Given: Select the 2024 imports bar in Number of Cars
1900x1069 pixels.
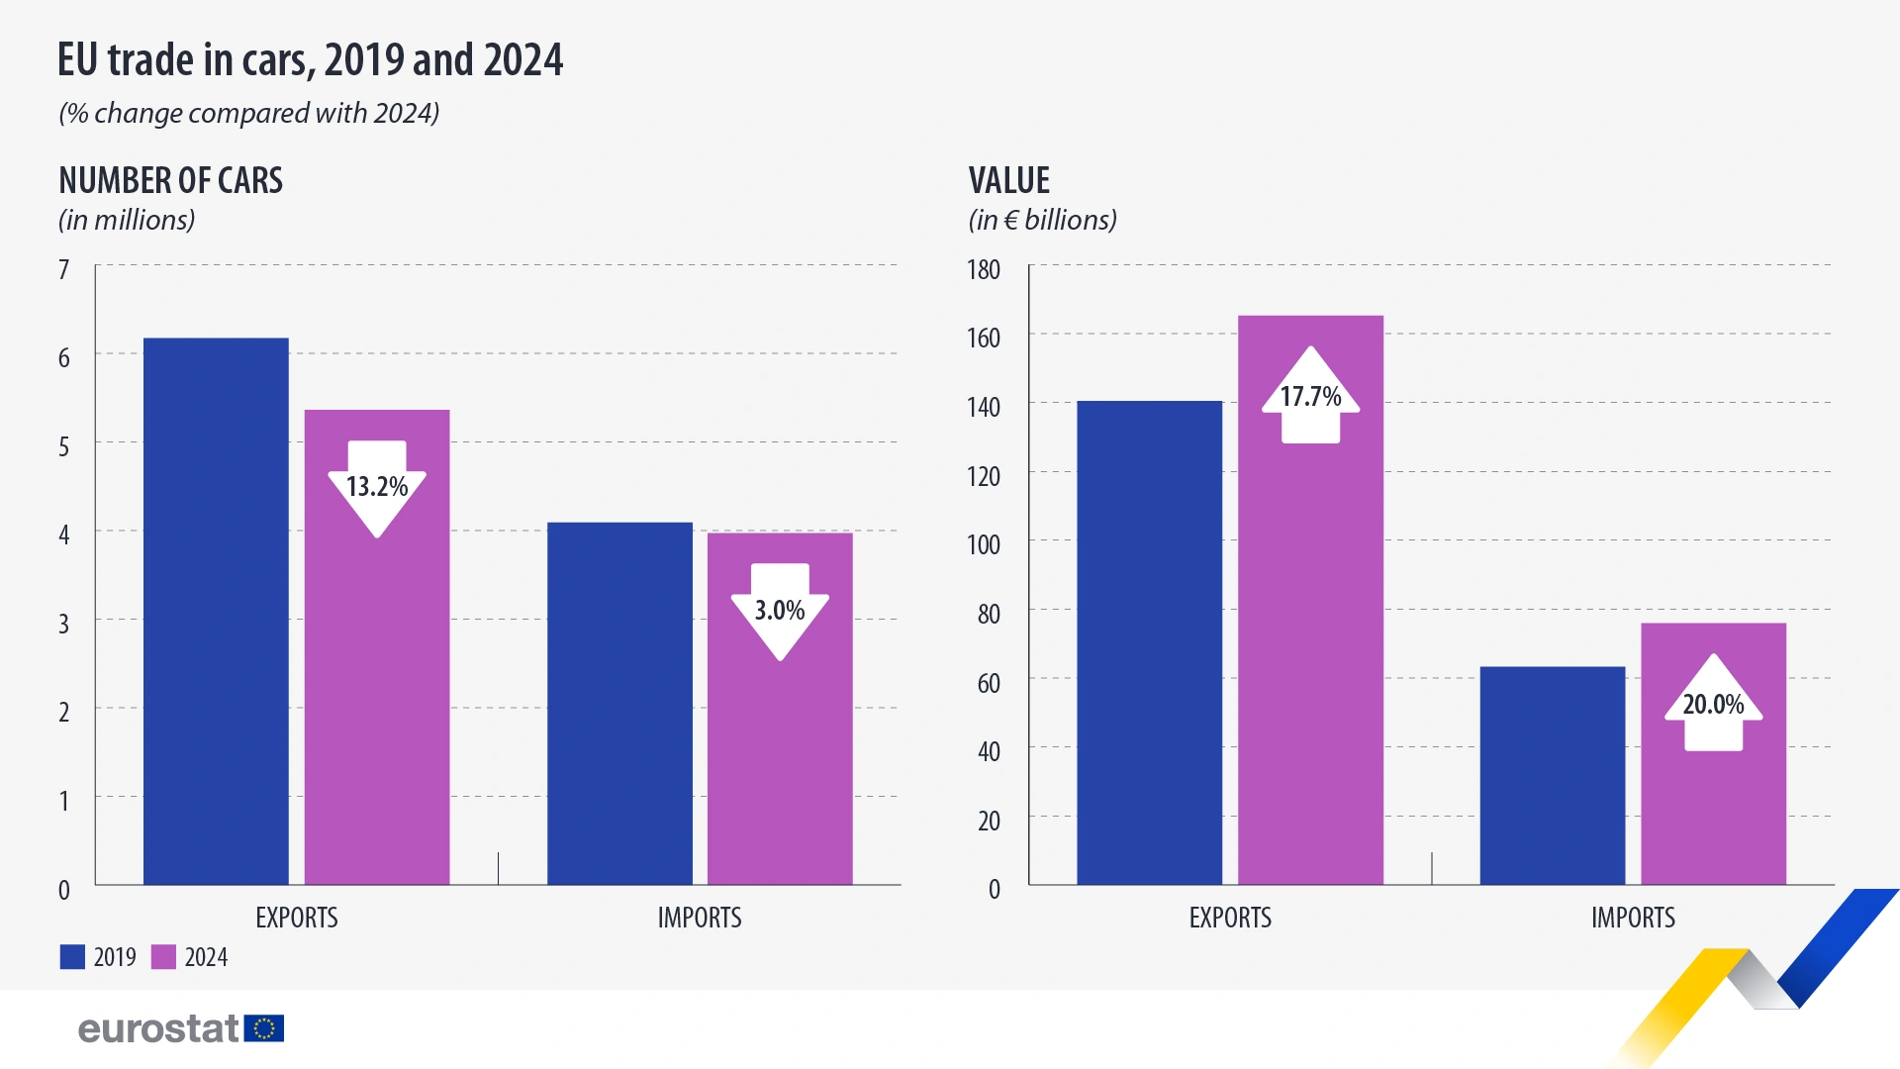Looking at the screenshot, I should tap(780, 752).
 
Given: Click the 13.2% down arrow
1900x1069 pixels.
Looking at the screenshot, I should tap(377, 488).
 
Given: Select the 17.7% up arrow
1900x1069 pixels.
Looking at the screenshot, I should tap(1310, 396).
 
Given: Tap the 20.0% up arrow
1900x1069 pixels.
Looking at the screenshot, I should tap(1713, 704).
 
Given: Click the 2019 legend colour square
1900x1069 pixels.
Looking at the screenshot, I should tap(72, 957).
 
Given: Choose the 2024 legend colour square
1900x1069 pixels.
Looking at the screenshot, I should tap(163, 957).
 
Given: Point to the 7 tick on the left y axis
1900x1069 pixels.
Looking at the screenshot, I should tap(64, 269).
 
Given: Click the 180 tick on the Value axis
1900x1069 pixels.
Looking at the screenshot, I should tap(984, 269).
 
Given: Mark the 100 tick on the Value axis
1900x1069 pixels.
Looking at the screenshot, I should tap(984, 544).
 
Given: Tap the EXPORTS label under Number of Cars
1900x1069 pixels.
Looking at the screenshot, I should tap(297, 918).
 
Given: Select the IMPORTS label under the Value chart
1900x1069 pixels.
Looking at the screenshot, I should tap(1633, 918).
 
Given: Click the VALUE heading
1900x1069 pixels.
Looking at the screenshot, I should tap(1009, 181).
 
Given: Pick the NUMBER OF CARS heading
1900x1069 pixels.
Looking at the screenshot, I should tap(170, 181).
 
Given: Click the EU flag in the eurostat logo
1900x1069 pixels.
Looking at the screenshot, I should tap(264, 1028).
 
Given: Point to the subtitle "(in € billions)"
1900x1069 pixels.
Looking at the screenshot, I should tap(1042, 220).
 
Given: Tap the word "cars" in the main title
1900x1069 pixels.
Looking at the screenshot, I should tap(275, 61).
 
